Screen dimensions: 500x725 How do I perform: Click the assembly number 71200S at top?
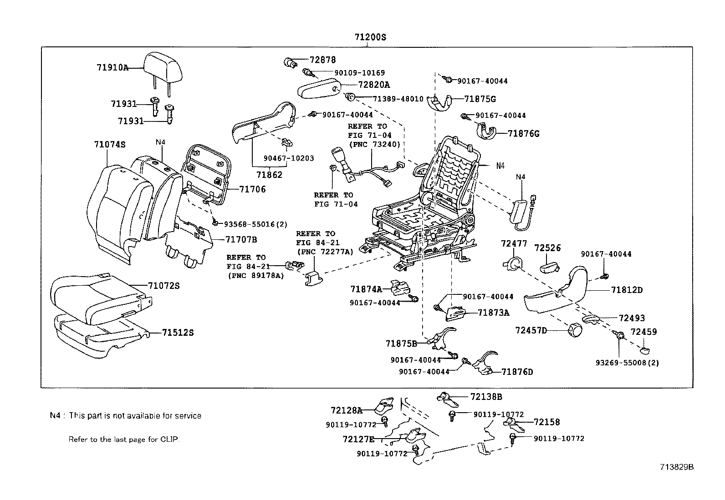click(x=370, y=37)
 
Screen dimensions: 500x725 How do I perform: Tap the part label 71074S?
click(x=110, y=144)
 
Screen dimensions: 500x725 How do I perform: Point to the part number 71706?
click(x=253, y=189)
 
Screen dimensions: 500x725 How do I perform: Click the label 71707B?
click(x=241, y=239)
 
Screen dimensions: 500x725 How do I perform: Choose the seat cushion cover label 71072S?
click(x=163, y=286)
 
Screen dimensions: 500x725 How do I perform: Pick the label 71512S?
click(x=178, y=333)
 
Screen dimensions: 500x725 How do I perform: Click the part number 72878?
click(x=322, y=60)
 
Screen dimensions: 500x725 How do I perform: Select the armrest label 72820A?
click(x=374, y=85)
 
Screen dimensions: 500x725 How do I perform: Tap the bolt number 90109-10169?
click(x=359, y=72)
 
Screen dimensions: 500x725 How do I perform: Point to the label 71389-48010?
click(x=398, y=99)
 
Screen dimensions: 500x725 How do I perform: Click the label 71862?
click(x=269, y=175)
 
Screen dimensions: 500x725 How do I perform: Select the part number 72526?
click(x=547, y=248)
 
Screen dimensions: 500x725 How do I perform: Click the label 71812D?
click(x=627, y=290)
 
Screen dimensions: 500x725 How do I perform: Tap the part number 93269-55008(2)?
click(x=627, y=363)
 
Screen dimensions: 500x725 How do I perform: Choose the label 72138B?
click(x=486, y=397)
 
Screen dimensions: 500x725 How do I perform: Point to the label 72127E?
click(x=358, y=439)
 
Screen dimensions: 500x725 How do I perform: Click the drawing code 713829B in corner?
click(x=677, y=467)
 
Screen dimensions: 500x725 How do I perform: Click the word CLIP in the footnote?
click(x=169, y=439)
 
